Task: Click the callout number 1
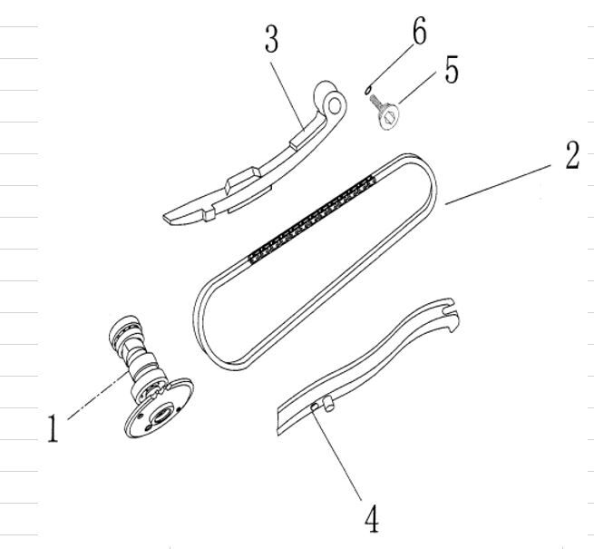coord(53,428)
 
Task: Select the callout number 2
coord(570,156)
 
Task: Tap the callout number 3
coord(272,39)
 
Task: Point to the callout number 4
coord(371,520)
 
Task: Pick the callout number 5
coord(451,72)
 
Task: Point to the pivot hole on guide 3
coord(334,103)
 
